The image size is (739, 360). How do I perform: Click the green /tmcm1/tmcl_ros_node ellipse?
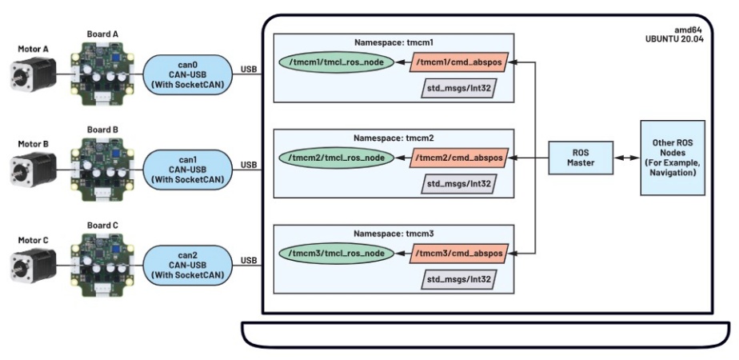tap(336, 63)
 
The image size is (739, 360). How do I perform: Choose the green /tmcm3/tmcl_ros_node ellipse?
tap(336, 254)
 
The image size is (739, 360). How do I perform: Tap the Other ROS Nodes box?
tap(673, 158)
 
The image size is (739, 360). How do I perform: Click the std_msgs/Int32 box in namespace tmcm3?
tap(457, 279)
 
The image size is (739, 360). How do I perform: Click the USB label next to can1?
tap(249, 166)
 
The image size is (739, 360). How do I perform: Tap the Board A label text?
tap(102, 34)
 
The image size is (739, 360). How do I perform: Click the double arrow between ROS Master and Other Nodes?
tap(625, 158)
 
